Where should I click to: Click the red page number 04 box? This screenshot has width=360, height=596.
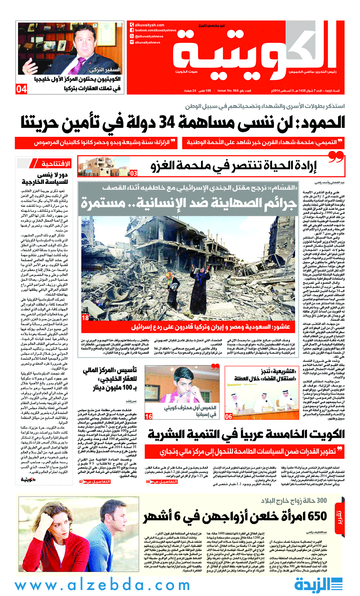[21, 90]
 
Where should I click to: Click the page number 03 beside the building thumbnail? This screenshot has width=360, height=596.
[133, 174]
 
